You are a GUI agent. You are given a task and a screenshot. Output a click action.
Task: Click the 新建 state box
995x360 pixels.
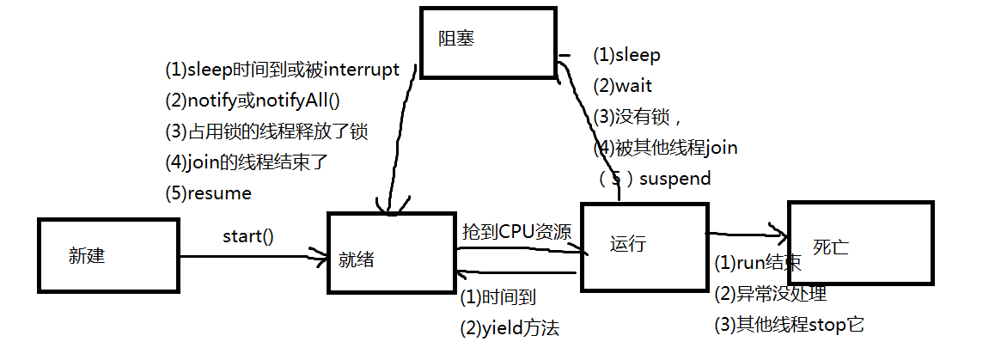pos(108,255)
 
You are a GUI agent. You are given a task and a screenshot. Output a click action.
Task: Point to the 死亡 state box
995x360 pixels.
pos(860,243)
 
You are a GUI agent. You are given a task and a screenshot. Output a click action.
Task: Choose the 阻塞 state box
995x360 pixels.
pos(487,42)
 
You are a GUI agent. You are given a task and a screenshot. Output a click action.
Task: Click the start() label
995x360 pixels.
pos(248,236)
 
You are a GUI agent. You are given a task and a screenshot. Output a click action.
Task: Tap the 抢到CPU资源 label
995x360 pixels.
pos(516,231)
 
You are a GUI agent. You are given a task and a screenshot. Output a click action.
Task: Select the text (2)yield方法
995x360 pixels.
pos(510,327)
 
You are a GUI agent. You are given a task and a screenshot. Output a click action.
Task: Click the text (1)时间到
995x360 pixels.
pos(499,297)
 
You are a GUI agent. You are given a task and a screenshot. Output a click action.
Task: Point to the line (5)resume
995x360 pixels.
pos(208,193)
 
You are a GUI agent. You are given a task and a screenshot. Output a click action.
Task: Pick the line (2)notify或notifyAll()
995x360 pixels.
pos(253,101)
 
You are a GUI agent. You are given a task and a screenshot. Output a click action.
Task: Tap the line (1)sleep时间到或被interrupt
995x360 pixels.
pos(283,70)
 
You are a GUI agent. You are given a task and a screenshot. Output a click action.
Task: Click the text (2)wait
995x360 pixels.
pos(622,85)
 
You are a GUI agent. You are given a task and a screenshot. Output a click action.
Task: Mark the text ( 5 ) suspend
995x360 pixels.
pos(655,179)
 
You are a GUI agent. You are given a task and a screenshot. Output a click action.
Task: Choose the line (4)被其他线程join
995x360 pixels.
pos(665,148)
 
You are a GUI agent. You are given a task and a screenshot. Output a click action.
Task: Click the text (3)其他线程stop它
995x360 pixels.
pos(789,325)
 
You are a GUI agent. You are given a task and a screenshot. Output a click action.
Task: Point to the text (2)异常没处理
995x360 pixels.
pos(770,294)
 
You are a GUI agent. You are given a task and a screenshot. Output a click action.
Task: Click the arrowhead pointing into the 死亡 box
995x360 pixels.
pos(780,233)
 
